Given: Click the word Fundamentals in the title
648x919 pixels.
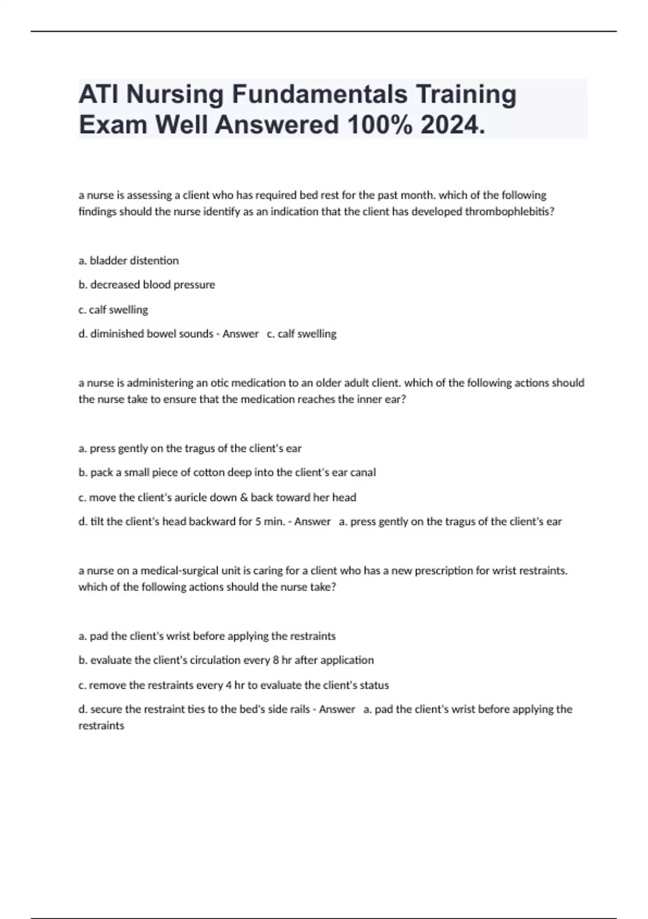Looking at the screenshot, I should tap(320, 94).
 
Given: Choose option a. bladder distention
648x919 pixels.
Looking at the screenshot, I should tap(129, 261).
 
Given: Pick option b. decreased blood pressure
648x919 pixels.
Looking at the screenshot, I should tap(147, 284).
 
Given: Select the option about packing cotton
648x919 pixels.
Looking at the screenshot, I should tap(227, 472).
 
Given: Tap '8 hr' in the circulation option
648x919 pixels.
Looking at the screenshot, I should tap(280, 660).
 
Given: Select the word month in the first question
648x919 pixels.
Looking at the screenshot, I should tap(417, 195).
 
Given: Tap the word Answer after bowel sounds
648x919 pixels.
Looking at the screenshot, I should tap(240, 334).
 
